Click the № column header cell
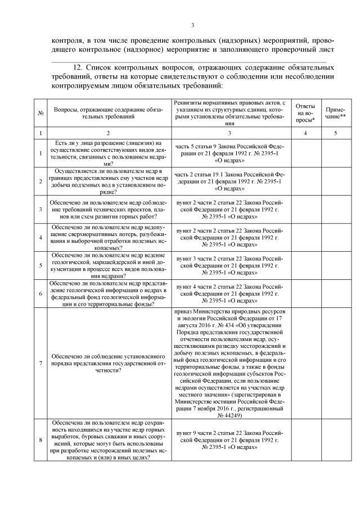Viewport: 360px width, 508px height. [41, 112]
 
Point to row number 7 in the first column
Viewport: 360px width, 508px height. [41, 363]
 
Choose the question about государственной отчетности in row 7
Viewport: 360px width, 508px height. [109, 363]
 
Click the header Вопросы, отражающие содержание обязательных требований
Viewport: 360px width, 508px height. [109, 112]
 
